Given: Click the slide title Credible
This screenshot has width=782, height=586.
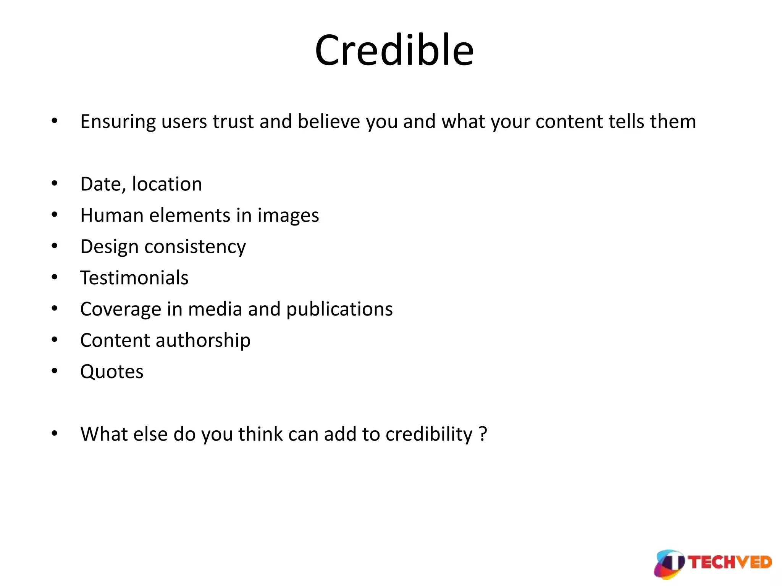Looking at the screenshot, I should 394,51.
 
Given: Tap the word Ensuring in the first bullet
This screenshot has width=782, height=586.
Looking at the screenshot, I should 118,122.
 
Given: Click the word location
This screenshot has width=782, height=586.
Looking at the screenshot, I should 167,184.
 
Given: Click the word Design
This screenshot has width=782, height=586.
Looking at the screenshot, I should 109,247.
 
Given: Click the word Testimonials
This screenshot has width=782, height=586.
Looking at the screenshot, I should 134,278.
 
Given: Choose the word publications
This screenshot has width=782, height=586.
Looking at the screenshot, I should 339,309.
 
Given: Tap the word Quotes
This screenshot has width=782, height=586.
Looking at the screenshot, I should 112,372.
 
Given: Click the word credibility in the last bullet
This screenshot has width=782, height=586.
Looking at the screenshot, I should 429,435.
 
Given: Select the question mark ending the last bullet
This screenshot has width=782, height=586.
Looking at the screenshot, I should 483,434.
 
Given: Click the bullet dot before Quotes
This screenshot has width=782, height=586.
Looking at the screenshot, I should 55,371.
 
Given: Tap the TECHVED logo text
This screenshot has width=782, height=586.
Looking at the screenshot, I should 730,563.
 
